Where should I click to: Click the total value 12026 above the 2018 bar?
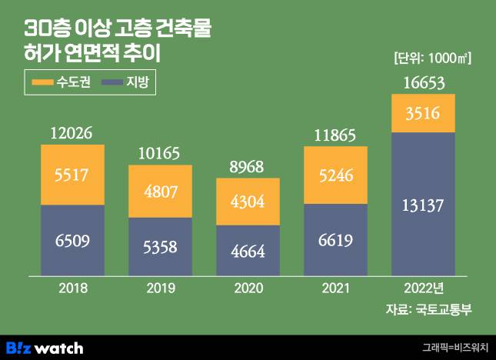click(72, 134)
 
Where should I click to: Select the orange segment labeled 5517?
click(72, 175)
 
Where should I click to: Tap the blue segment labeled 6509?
click(72, 240)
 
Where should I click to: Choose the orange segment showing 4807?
click(160, 190)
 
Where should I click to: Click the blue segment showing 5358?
click(160, 246)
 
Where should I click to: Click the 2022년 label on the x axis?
click(424, 289)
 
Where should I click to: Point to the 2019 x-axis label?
click(160, 289)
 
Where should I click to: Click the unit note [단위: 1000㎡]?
click(431, 58)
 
